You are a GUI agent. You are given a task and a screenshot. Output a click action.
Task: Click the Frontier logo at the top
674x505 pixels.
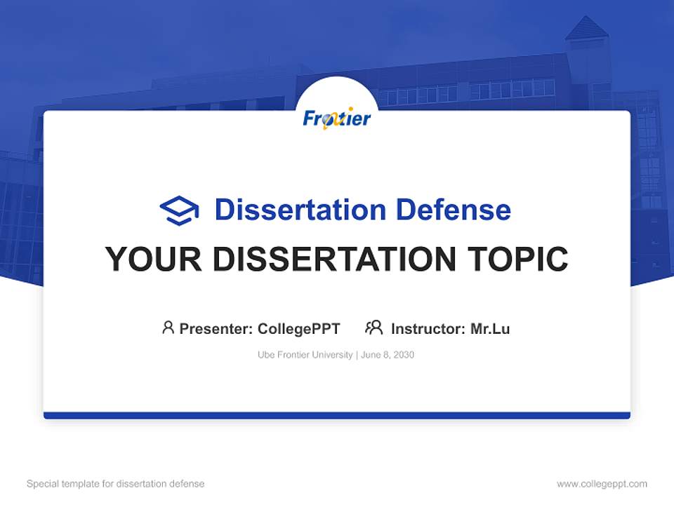pyautogui.click(x=337, y=119)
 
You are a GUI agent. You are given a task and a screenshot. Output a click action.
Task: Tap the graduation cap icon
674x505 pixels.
pyautogui.click(x=179, y=210)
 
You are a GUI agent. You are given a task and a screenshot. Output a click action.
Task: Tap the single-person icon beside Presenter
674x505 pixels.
pyautogui.click(x=168, y=328)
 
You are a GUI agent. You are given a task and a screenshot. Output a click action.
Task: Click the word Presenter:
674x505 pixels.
pyautogui.click(x=216, y=328)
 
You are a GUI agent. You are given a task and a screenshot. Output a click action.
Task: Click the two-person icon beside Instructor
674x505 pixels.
pyautogui.click(x=374, y=328)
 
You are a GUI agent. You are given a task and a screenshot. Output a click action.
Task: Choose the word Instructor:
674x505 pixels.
pyautogui.click(x=428, y=328)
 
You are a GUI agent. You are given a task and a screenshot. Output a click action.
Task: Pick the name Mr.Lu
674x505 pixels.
pyautogui.click(x=490, y=328)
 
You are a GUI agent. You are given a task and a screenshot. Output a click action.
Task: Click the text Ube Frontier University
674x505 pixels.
pyautogui.click(x=305, y=355)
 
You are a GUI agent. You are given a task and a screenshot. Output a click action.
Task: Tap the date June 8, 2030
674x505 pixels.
pyautogui.click(x=388, y=355)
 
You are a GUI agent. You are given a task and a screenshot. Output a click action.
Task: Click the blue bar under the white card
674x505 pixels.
pyautogui.click(x=337, y=415)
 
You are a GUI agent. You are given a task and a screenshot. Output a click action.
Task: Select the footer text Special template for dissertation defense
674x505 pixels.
pyautogui.click(x=115, y=484)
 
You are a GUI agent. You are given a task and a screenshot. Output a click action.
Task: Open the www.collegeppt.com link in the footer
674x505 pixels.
pyautogui.click(x=602, y=484)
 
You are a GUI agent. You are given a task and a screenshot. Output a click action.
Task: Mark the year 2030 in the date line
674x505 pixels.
pyautogui.click(x=403, y=355)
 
